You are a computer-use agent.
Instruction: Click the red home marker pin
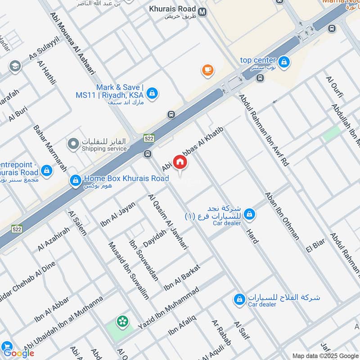(x=180, y=162)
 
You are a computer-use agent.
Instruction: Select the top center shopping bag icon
(x=284, y=63)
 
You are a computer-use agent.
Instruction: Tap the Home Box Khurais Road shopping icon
(x=75, y=181)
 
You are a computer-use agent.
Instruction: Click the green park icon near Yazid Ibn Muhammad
(x=121, y=321)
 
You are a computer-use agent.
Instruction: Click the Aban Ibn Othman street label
(x=282, y=215)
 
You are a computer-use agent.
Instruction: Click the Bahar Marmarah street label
(x=50, y=148)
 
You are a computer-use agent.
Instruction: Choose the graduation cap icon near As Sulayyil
(x=15, y=67)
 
